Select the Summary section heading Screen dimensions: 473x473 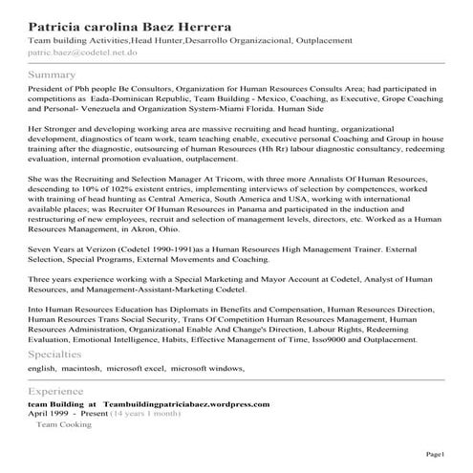pyautogui.click(x=53, y=74)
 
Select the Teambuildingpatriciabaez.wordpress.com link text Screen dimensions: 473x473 pyautogui.click(x=185, y=403)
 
